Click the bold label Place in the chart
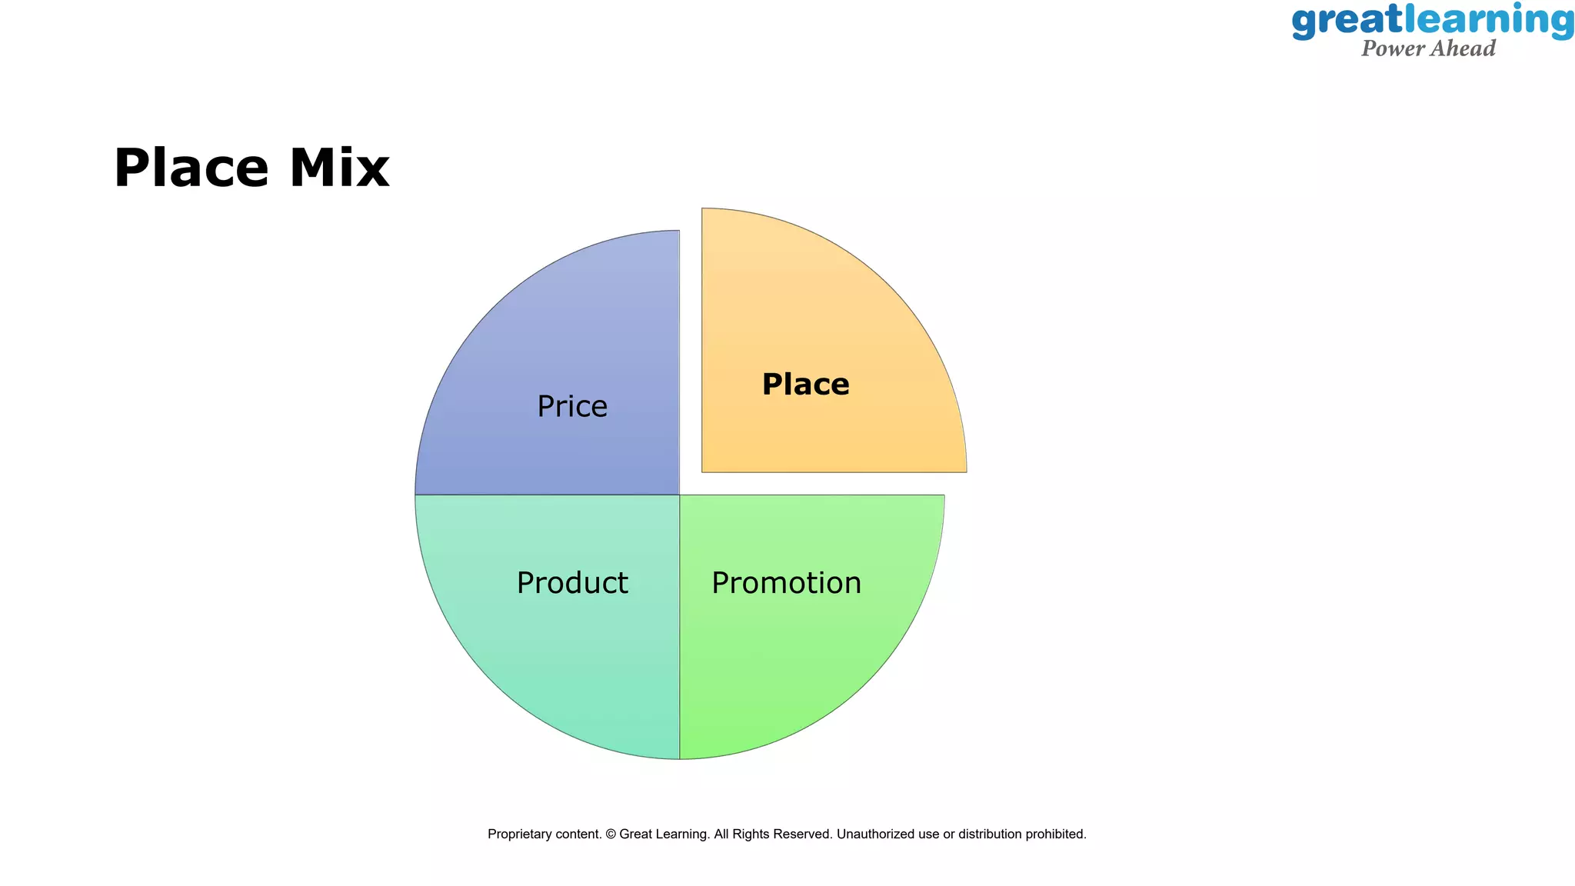click(805, 385)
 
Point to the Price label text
click(572, 406)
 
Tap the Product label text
click(572, 583)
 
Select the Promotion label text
click(786, 583)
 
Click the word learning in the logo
click(1489, 21)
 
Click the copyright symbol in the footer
click(611, 834)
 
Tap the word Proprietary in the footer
click(524, 834)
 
